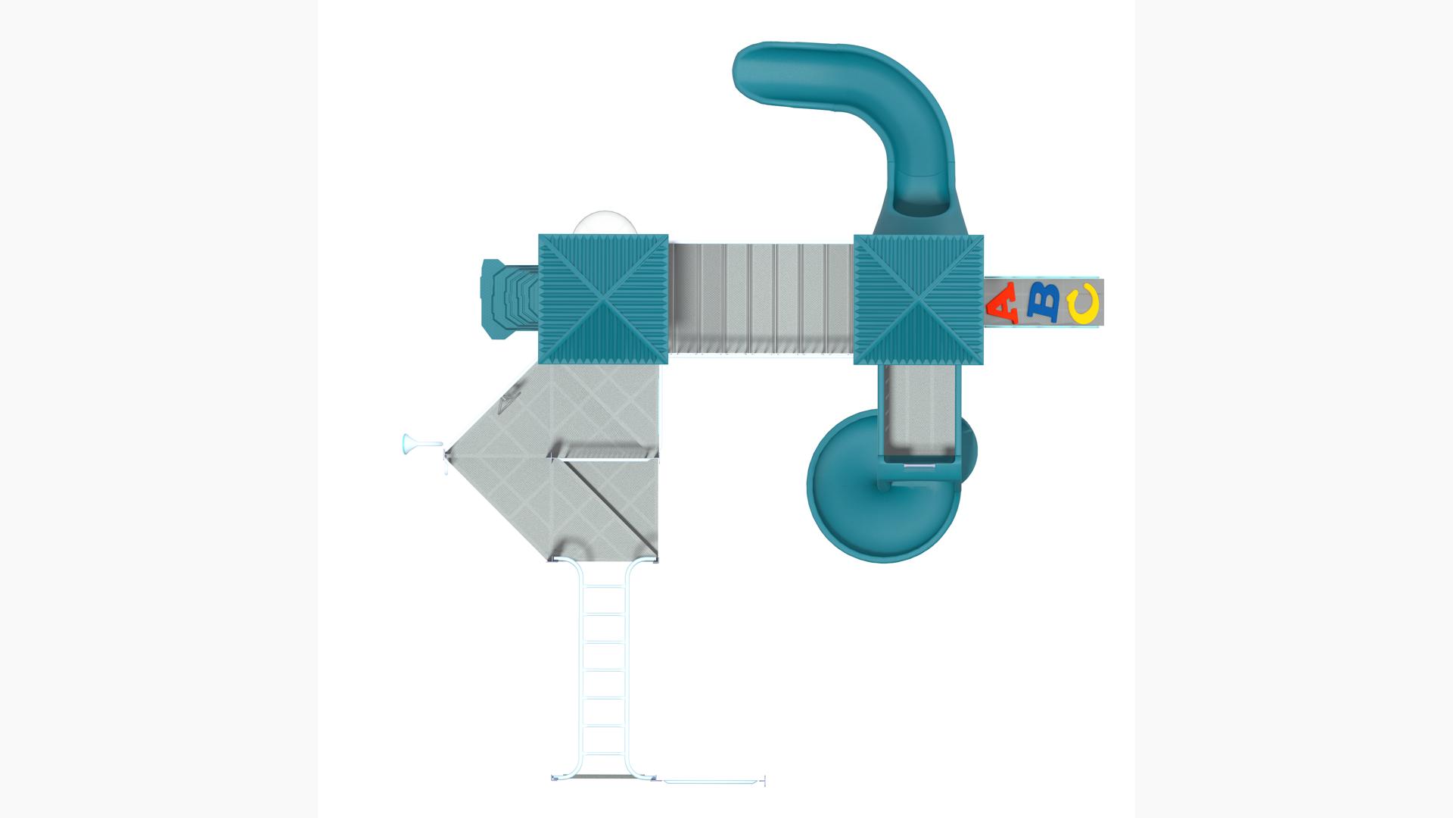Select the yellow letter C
click(x=1083, y=304)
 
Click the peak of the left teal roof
click(x=603, y=299)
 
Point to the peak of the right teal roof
click(x=919, y=299)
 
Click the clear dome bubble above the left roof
click(x=605, y=223)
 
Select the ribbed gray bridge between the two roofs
click(x=761, y=298)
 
